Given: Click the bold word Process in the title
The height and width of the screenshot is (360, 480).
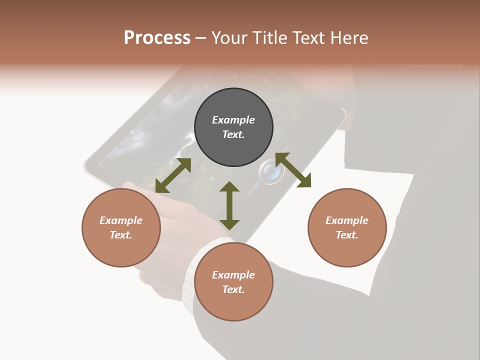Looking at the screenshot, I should tap(157, 38).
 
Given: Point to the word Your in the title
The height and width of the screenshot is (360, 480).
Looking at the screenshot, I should tap(231, 38).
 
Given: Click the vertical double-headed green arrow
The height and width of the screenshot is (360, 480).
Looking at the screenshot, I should tap(229, 205).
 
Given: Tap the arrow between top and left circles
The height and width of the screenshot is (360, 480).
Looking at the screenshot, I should tap(173, 175).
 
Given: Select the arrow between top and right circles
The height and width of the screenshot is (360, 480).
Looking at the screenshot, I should tap(293, 170).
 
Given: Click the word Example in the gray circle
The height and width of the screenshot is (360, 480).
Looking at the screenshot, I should tap(233, 120).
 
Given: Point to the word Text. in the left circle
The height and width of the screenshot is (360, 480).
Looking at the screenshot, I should tap(121, 235).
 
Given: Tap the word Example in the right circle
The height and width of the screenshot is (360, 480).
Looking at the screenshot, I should tap(347, 220).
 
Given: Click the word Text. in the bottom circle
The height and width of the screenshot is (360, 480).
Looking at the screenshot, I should tap(233, 289).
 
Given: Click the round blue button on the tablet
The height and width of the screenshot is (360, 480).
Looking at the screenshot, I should tap(268, 172).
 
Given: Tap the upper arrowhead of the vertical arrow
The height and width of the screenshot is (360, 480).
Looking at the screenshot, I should tap(229, 187).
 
